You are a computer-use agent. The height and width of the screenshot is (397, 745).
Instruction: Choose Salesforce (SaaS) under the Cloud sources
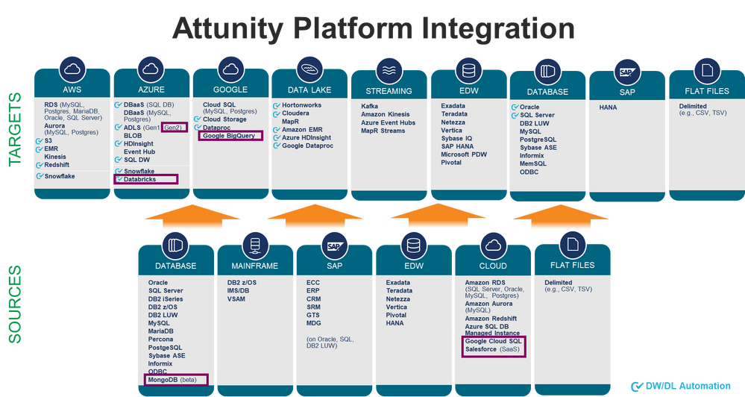tap(489, 348)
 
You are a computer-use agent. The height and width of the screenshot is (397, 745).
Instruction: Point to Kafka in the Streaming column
tap(369, 107)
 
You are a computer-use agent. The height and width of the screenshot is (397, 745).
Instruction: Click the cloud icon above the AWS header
tap(72, 69)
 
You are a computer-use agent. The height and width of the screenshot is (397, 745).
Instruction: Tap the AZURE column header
tap(151, 90)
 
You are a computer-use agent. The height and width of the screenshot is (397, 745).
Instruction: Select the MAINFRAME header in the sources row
tap(255, 266)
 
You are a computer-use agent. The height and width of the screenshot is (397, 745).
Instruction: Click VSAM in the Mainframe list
tap(236, 298)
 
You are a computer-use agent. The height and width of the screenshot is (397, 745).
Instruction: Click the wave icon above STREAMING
tap(389, 71)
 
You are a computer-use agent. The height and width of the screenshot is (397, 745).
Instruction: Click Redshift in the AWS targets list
tap(57, 164)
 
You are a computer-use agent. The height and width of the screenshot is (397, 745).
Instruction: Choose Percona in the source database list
tap(161, 340)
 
